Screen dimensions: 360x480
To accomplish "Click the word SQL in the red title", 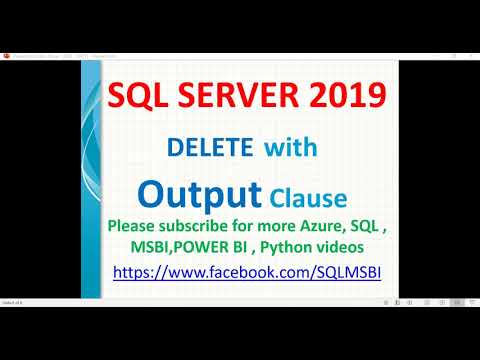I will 135,97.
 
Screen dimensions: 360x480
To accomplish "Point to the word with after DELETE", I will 291,148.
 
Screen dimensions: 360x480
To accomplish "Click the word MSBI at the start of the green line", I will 147,247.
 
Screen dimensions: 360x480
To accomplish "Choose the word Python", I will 298,247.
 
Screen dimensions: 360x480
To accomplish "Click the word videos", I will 357,247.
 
